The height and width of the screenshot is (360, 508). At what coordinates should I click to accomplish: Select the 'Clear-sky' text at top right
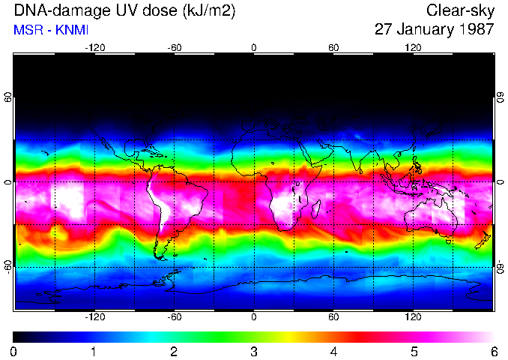[x=460, y=10]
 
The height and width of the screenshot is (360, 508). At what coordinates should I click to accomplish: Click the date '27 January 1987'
[x=434, y=30]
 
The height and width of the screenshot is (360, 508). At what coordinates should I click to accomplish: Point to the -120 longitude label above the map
[x=94, y=47]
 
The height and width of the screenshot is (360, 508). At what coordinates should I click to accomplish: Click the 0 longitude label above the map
[x=254, y=47]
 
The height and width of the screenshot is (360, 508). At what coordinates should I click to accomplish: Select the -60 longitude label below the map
[x=174, y=317]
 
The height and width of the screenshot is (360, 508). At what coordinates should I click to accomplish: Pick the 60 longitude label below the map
[x=333, y=317]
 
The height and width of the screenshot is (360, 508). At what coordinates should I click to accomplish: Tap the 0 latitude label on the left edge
[x=8, y=182]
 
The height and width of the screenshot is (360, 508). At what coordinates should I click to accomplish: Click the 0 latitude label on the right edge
[x=500, y=182]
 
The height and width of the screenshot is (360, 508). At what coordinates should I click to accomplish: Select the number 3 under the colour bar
[x=254, y=351]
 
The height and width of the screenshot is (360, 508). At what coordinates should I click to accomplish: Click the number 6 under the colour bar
[x=493, y=351]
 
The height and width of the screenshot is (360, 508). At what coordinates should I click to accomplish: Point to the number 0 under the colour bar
[x=14, y=351]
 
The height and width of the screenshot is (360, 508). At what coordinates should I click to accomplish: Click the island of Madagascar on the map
[x=316, y=208]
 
